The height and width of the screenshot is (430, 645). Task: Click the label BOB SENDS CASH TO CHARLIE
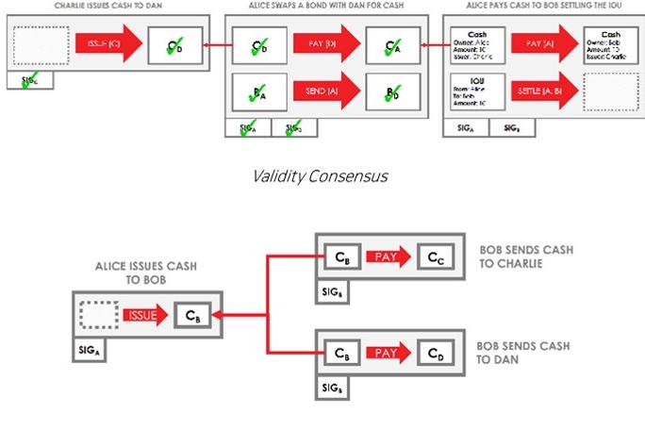525,256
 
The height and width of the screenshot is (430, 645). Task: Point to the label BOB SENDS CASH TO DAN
525,355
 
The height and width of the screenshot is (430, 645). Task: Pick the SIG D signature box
294,128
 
